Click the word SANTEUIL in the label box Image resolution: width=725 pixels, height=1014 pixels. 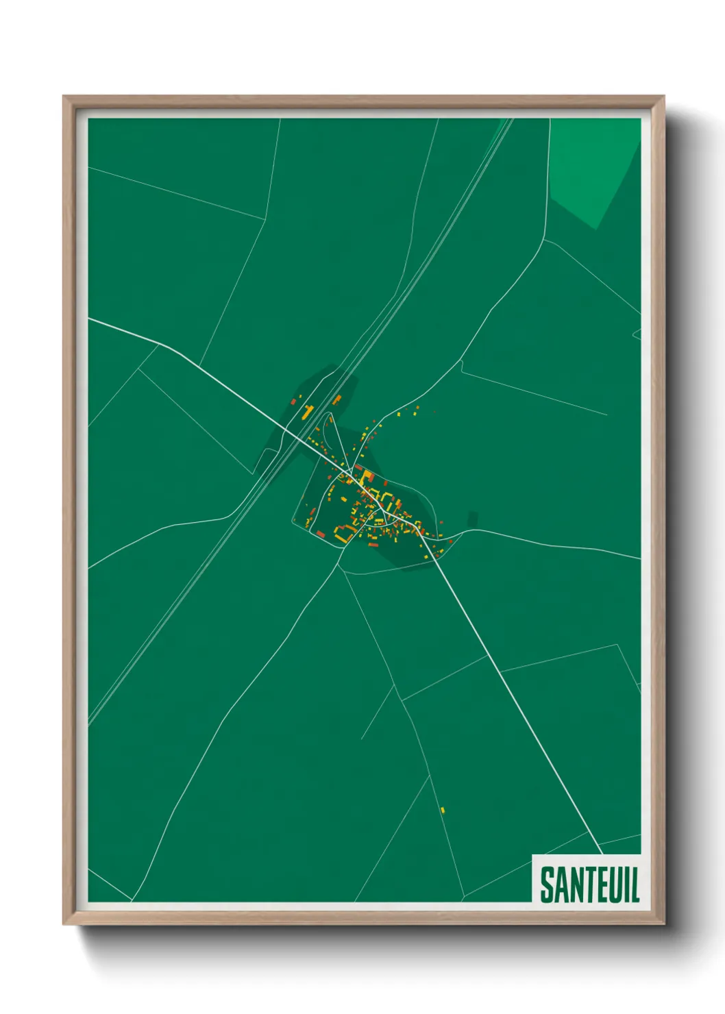pos(589,885)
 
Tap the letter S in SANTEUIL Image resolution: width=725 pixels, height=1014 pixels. pos(548,885)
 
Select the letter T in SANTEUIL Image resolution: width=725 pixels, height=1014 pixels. pos(585,885)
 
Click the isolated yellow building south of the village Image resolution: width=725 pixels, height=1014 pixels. pos(443,810)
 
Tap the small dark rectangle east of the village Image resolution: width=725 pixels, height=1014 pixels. pos(472,519)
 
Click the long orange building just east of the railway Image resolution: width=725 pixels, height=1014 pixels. pos(336,399)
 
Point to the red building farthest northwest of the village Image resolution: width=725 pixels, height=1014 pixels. pos(293,401)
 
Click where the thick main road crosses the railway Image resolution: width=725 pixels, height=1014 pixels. pos(299,438)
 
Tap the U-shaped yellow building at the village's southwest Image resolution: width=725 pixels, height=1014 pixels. pos(343,533)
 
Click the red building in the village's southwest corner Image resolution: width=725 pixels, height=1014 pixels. pos(320,534)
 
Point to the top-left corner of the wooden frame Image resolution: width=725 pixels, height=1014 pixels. pos(64,97)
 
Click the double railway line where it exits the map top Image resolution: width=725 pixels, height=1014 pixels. pos(510,120)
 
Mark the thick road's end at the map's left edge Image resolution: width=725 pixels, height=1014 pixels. pos(90,319)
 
